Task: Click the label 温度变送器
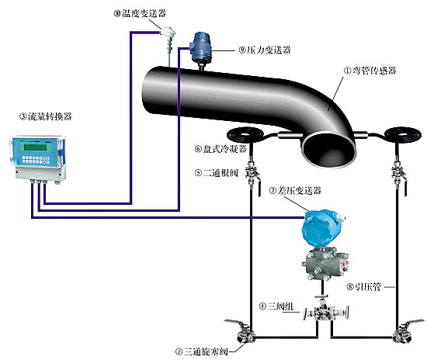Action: tap(141, 13)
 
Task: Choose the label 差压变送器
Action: tap(295, 190)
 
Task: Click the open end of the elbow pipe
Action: tap(327, 144)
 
